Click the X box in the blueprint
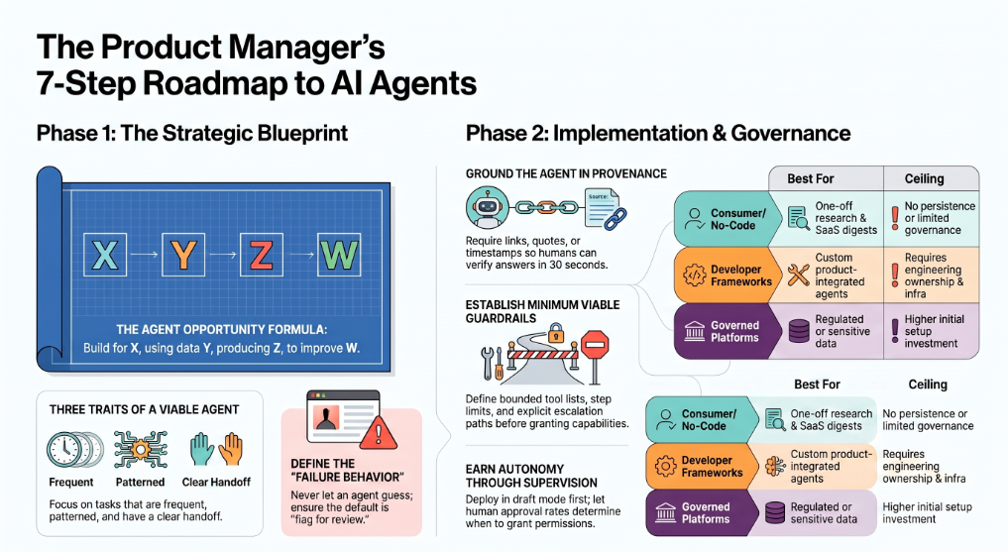[105, 255]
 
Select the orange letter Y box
[183, 255]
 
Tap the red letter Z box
[261, 255]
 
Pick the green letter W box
[339, 255]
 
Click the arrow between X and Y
[144, 255]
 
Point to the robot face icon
[487, 207]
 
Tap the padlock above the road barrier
[556, 333]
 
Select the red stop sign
[595, 345]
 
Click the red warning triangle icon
[378, 432]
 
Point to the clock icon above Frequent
[66, 450]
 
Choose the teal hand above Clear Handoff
[202, 449]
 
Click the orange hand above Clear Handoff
[231, 449]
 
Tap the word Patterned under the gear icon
[140, 482]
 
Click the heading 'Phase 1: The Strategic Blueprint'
[192, 134]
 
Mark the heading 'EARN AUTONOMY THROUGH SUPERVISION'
[531, 476]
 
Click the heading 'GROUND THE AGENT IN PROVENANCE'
[566, 173]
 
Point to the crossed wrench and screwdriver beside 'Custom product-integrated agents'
[799, 276]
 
